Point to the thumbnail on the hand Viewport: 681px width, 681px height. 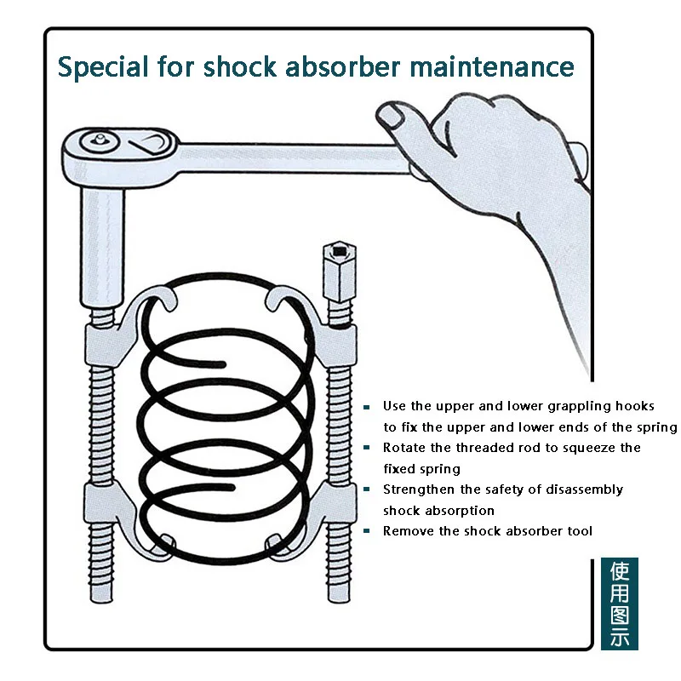(391, 113)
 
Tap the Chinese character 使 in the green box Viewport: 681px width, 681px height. (620, 572)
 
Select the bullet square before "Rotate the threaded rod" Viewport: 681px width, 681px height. (367, 448)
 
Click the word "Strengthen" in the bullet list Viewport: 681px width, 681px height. (418, 489)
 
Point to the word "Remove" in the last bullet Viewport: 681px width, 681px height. (406, 531)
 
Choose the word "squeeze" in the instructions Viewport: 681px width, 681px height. (588, 448)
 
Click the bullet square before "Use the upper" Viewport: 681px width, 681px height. (367, 407)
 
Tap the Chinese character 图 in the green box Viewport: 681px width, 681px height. (620, 615)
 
